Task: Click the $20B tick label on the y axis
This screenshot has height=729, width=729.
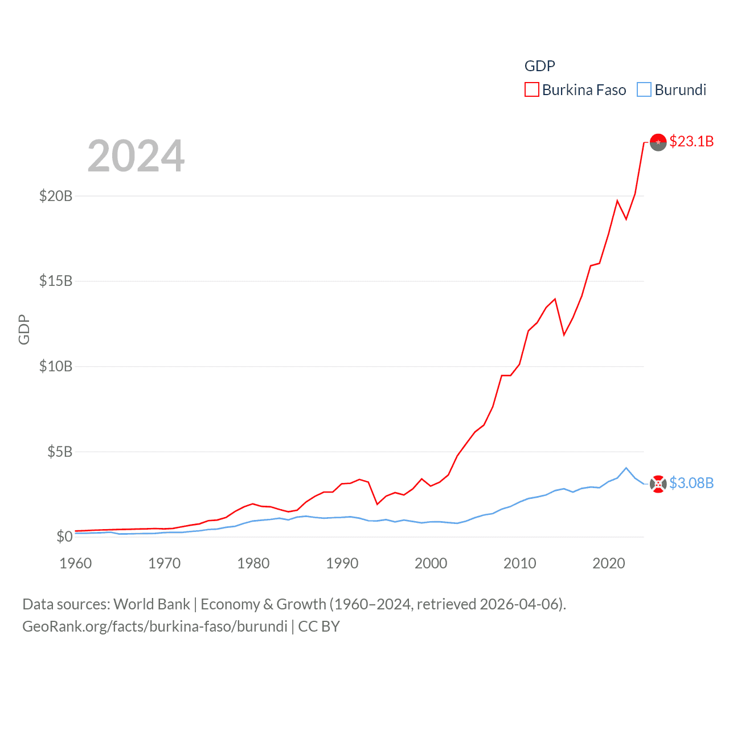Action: [56, 196]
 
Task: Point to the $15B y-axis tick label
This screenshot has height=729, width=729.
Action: [56, 281]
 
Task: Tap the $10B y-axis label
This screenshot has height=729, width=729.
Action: [56, 366]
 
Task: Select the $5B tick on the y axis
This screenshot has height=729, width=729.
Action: [60, 452]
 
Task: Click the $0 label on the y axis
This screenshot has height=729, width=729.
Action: [64, 536]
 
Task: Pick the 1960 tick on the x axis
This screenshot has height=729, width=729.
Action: [76, 563]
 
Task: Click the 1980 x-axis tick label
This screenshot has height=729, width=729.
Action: [253, 563]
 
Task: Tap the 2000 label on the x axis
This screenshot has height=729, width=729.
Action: [431, 563]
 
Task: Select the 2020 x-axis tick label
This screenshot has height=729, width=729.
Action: [609, 563]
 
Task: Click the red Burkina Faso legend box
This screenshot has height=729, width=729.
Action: [532, 90]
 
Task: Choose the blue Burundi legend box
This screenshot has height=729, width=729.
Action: [644, 90]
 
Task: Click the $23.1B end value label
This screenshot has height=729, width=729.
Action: [691, 141]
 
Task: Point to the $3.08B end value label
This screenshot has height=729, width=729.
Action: [691, 483]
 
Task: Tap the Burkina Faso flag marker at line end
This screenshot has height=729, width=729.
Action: [658, 142]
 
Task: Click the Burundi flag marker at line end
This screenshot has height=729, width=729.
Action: [658, 484]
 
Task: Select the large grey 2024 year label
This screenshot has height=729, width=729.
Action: [136, 155]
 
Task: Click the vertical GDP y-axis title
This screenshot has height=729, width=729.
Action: [24, 329]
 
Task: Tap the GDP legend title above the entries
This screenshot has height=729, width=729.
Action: [539, 66]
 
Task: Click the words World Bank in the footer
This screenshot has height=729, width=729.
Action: [151, 604]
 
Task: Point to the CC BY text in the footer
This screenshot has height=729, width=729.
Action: [319, 626]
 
